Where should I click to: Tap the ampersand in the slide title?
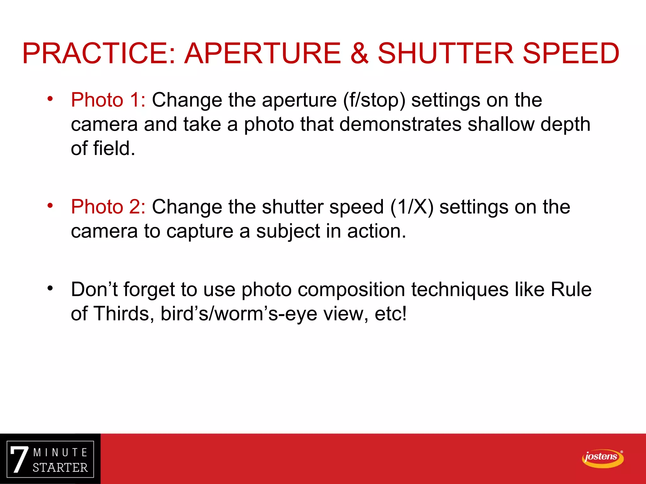pyautogui.click(x=359, y=53)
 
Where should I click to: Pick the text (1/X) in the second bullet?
pyautogui.click(x=412, y=207)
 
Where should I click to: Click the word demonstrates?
pyautogui.click(x=400, y=124)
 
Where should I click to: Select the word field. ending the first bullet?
pyautogui.click(x=114, y=148)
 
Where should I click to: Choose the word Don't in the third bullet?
pyautogui.click(x=94, y=289)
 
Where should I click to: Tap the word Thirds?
pyautogui.click(x=124, y=314)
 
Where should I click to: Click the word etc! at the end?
pyautogui.click(x=391, y=314)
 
